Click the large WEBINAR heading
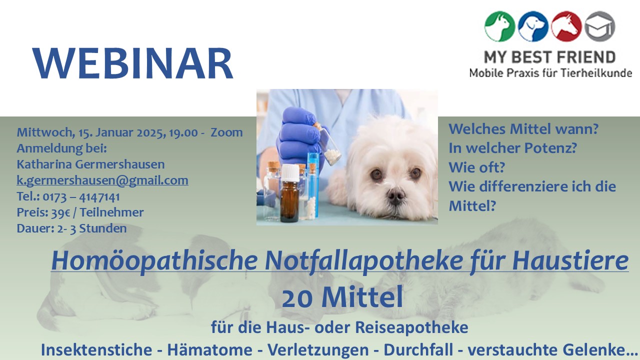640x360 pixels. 133,64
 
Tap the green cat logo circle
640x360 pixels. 499,26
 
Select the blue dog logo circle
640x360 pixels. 533,26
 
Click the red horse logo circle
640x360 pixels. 566,26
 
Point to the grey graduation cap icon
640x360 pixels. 599,26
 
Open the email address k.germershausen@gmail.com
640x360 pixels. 102,180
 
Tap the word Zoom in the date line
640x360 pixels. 226,132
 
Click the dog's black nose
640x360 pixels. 395,195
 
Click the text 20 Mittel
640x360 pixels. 342,298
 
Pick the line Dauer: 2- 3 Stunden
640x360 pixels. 71,228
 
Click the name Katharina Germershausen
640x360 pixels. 90,164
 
